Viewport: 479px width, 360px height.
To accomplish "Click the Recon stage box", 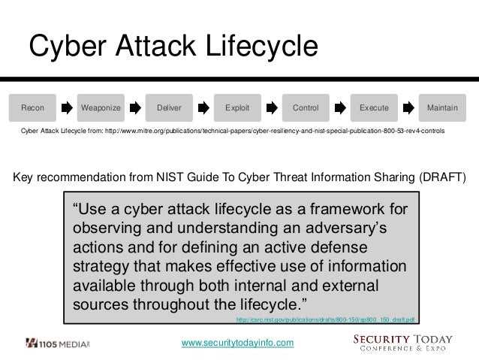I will (32, 108).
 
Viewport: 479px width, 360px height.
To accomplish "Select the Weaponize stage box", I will (101, 108).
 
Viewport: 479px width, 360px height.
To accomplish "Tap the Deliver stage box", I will (169, 108).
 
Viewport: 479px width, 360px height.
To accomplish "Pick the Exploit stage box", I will (237, 108).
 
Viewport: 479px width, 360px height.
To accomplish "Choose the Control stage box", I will (306, 108).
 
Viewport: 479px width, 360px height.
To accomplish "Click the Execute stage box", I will (374, 108).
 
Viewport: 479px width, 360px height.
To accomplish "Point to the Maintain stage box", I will (442, 108).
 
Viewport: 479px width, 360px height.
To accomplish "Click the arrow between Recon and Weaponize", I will (67, 108).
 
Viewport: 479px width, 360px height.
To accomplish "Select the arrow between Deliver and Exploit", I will (203, 108).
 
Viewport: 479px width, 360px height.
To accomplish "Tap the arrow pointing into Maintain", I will (408, 108).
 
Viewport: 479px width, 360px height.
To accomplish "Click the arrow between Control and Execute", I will (340, 108).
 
